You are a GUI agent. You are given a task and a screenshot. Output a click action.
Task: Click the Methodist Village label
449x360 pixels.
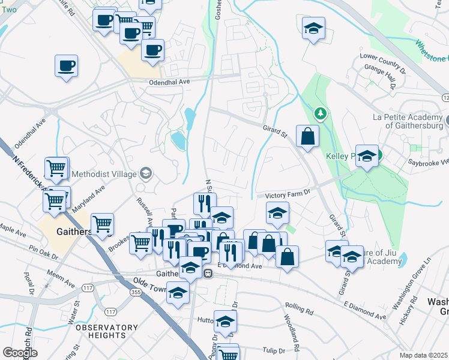pyautogui.click(x=104, y=175)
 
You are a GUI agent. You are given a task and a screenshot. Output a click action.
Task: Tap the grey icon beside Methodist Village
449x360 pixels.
pyautogui.click(x=146, y=175)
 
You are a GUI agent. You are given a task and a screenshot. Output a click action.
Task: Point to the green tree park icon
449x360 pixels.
pyautogui.click(x=322, y=113)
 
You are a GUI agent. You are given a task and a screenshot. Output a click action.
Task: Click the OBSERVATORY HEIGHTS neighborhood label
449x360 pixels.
pyautogui.click(x=95, y=332)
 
